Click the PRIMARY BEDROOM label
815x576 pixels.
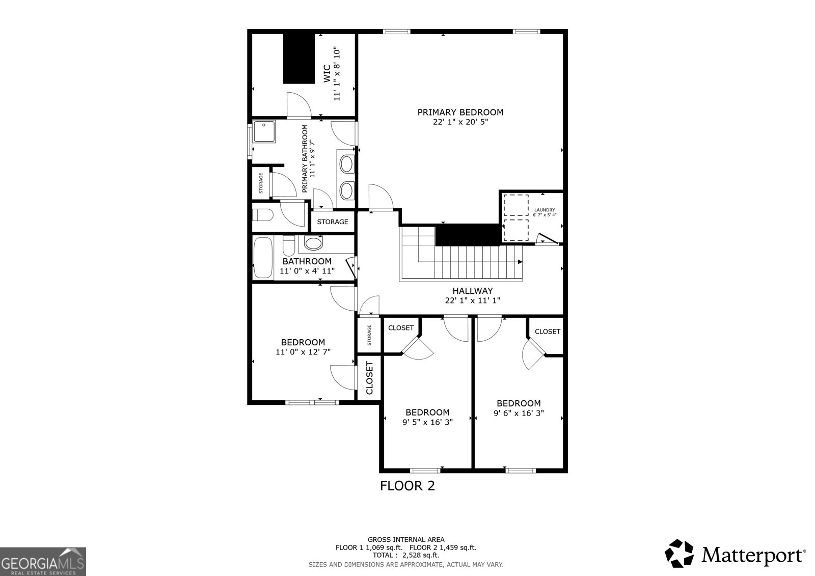[x=460, y=112]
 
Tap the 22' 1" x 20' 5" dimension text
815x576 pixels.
[x=460, y=122]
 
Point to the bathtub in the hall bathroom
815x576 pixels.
[x=263, y=257]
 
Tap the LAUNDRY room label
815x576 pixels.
[x=545, y=210]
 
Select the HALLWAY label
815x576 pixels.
[x=472, y=291]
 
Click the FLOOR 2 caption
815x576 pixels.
[x=407, y=485]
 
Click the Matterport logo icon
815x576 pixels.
[x=680, y=553]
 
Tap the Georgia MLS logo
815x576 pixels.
[x=43, y=561]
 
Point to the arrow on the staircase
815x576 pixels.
[x=520, y=262]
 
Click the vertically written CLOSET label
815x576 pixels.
[x=369, y=378]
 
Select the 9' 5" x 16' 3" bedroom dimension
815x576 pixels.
[x=427, y=422]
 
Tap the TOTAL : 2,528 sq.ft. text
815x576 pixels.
[x=406, y=555]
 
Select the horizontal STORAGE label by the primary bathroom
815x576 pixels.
[x=333, y=222]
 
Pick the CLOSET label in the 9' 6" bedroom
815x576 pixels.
[x=547, y=332]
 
